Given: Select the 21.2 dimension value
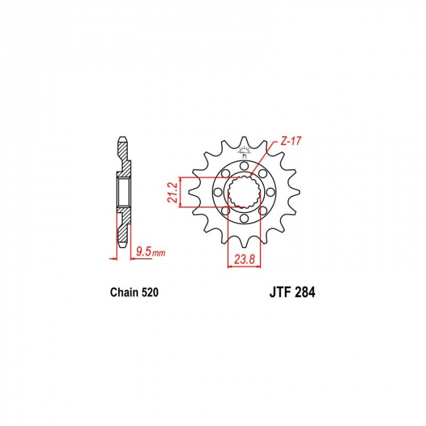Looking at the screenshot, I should pyautogui.click(x=172, y=192).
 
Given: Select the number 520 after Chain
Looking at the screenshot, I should pyautogui.click(x=149, y=293).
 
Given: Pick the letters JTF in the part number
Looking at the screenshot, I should pyautogui.click(x=278, y=292).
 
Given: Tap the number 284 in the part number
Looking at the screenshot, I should pyautogui.click(x=304, y=292).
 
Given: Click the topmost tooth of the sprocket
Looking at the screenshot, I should pyautogui.click(x=243, y=144).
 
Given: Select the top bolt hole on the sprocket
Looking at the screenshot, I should pyautogui.click(x=243, y=165).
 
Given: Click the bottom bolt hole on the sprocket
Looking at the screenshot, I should pyautogui.click(x=243, y=219).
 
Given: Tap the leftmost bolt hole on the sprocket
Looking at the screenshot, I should pyautogui.click(x=217, y=192).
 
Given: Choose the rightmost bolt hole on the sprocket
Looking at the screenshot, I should pyautogui.click(x=270, y=192).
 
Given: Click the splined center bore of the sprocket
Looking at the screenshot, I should pyautogui.click(x=243, y=192).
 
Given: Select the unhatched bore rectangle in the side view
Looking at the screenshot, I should pyautogui.click(x=122, y=192).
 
